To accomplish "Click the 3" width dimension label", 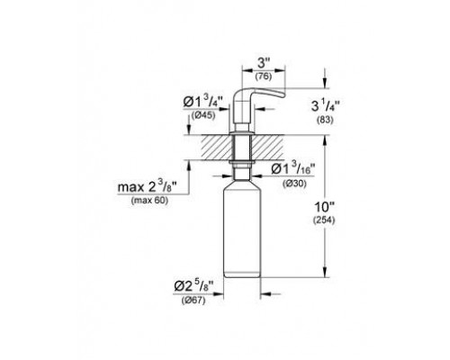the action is [x=264, y=63].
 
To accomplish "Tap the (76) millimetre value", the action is [x=264, y=76].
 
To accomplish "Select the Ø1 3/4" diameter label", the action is [x=203, y=102].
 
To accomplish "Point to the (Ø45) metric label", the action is [x=203, y=115].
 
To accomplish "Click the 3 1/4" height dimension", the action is [x=325, y=106].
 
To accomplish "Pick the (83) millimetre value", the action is [x=325, y=120].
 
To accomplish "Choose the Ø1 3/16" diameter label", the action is [x=292, y=169].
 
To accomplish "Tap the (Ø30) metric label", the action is [x=294, y=184].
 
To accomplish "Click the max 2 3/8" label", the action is [x=147, y=187].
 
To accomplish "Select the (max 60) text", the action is [x=149, y=201].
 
